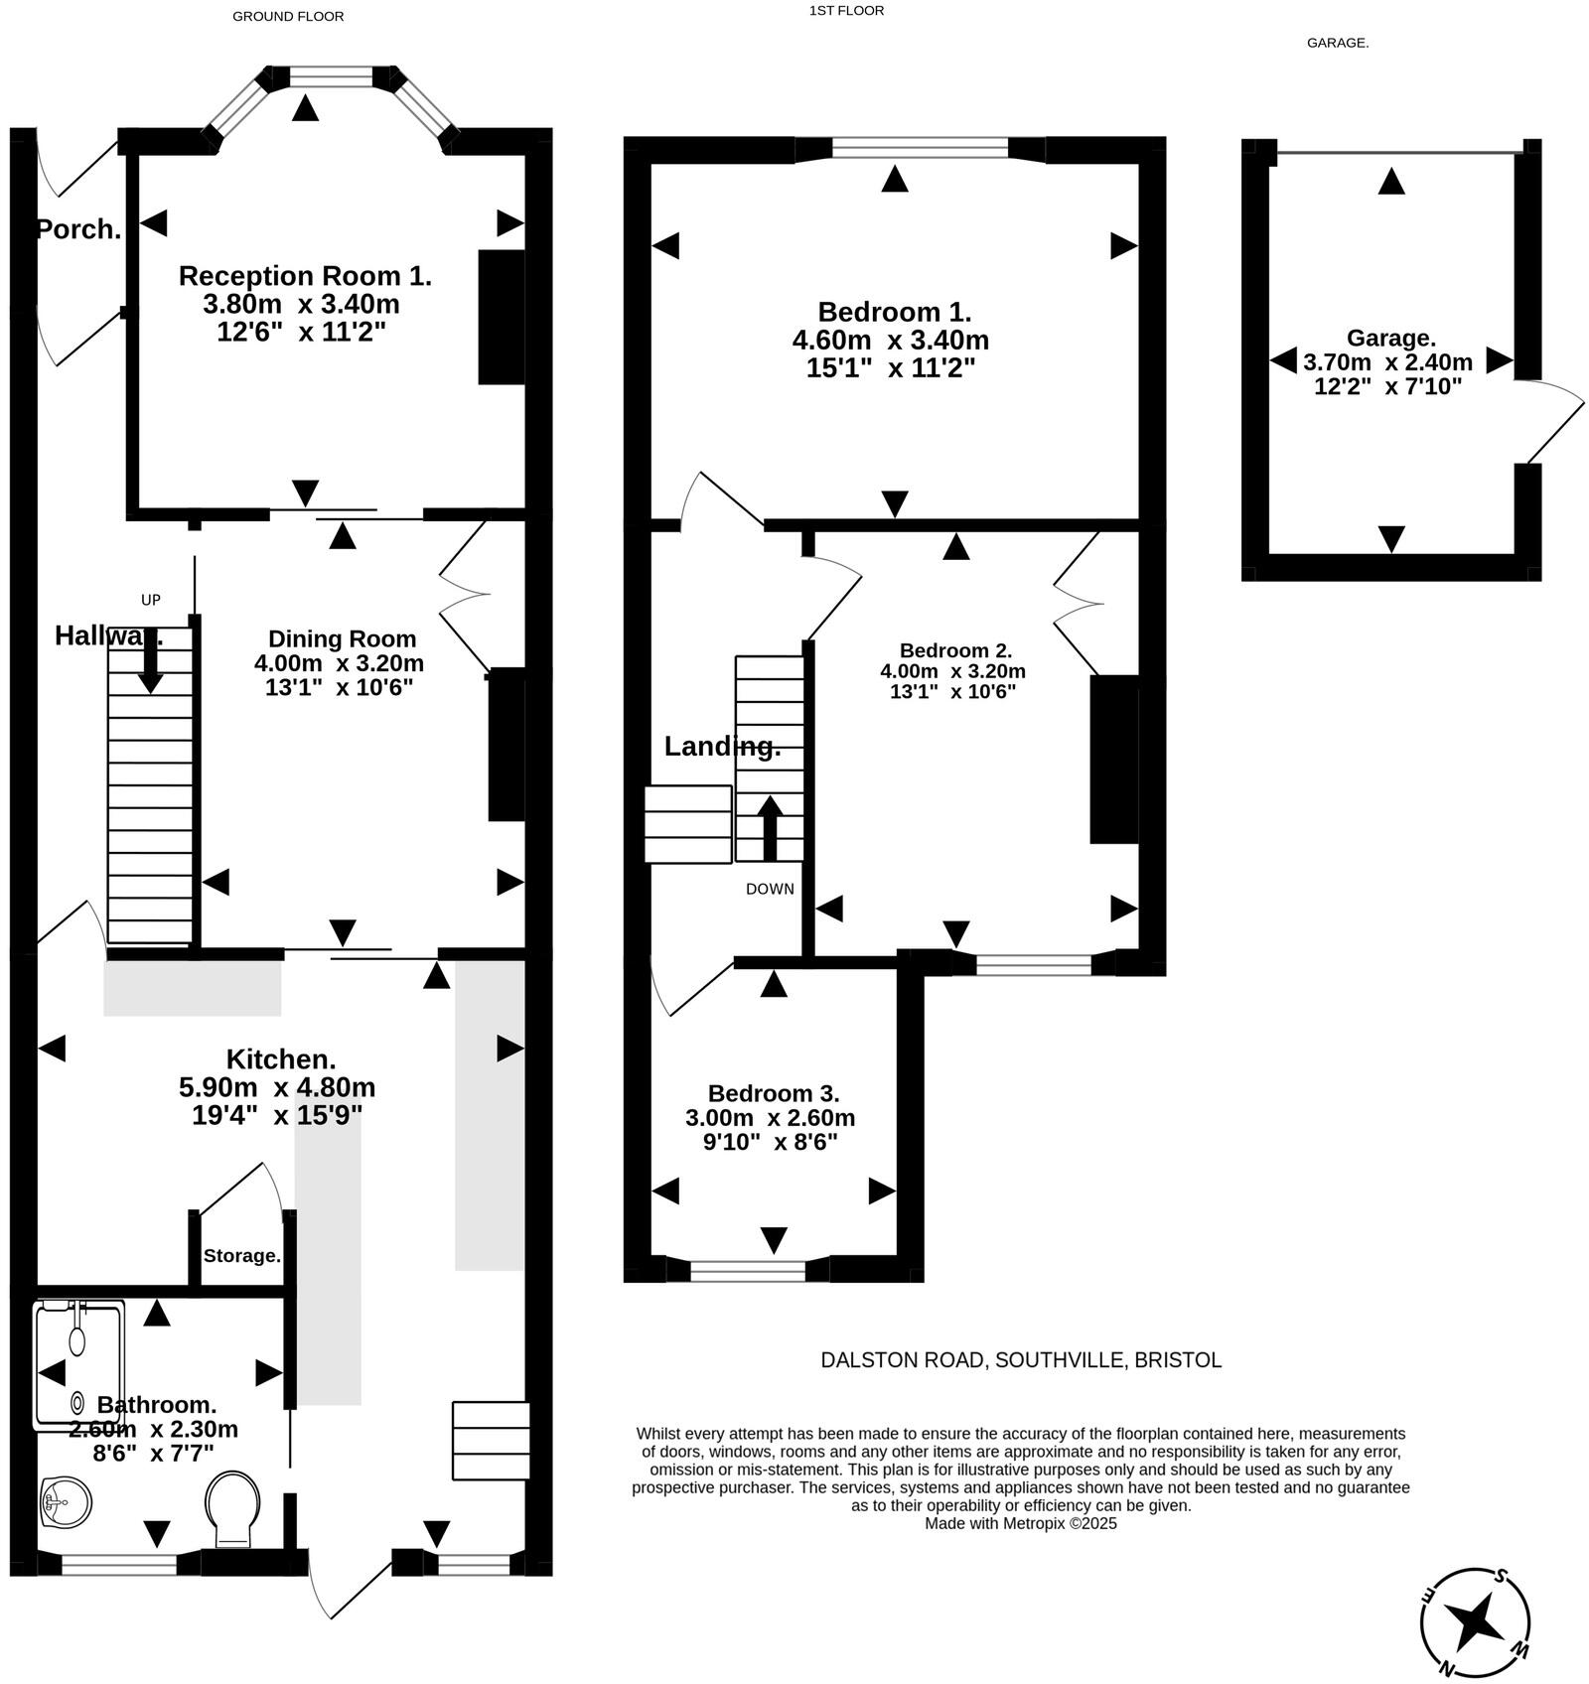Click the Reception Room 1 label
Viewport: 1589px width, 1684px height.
tap(305, 275)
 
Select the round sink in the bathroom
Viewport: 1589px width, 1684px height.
tap(66, 1500)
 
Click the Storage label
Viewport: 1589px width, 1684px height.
tap(241, 1256)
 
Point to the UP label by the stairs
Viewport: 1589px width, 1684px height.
tap(151, 600)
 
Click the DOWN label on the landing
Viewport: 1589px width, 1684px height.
tap(770, 889)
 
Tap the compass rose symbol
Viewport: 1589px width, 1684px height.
tap(1475, 1622)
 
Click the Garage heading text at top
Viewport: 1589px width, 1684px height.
tap(1337, 43)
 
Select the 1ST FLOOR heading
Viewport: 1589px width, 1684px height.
tap(846, 11)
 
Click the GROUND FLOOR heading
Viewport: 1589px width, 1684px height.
tap(288, 16)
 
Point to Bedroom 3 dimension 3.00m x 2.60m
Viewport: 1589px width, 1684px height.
tap(770, 1118)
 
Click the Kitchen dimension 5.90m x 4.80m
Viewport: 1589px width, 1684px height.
tap(277, 1087)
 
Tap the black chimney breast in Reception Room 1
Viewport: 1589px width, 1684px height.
tap(502, 317)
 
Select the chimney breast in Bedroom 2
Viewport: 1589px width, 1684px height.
tap(1114, 760)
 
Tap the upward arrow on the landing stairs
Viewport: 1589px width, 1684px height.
tap(770, 827)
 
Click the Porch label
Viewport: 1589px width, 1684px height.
tap(78, 229)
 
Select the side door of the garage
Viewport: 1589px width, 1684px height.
tap(1554, 422)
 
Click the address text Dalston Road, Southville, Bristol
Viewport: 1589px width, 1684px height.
tap(1020, 1360)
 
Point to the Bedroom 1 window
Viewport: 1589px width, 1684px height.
tap(920, 149)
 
